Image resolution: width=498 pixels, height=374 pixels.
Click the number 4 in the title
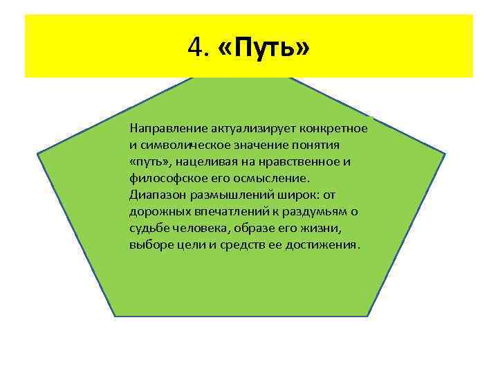pos(193,48)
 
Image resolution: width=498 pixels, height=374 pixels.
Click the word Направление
pos(163,129)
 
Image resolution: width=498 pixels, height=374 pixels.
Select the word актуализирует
pos(233,129)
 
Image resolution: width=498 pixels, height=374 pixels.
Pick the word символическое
pos(183,145)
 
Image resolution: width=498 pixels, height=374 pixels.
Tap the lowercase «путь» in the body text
pos(151,162)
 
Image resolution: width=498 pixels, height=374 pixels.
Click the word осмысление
pos(267,179)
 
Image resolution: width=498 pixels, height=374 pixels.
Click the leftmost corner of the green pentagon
pos(37,153)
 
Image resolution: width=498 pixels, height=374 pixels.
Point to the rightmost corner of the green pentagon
pos(446,153)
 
